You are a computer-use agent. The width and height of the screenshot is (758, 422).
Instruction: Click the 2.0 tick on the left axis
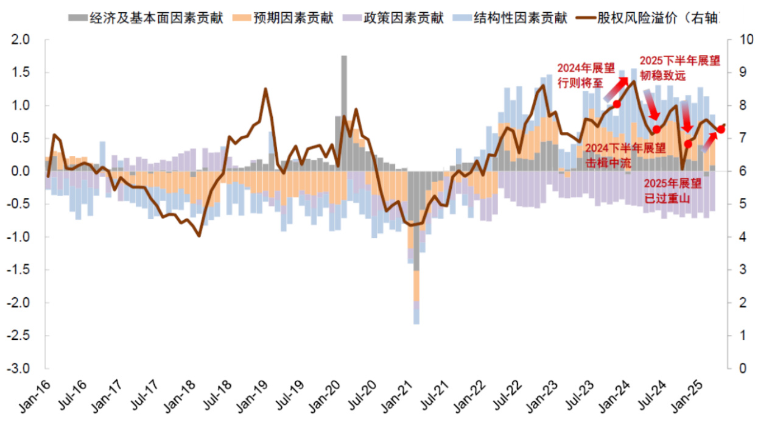[22, 40]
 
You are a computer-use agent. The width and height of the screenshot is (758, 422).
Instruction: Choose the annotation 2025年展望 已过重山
[673, 191]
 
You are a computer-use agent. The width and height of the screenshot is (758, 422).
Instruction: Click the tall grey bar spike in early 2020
[344, 85]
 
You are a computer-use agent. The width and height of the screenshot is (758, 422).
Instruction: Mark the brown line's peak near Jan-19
[265, 90]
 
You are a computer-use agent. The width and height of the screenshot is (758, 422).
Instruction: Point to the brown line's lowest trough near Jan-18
[199, 235]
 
